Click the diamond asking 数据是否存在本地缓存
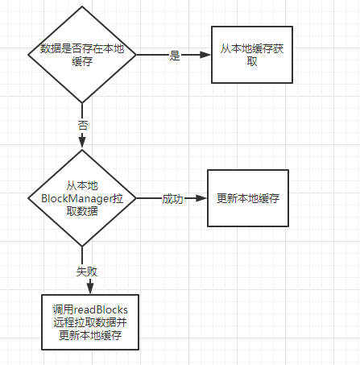[81, 54]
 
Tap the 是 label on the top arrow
[174, 56]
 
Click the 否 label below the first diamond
[83, 125]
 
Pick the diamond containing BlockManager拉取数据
[81, 197]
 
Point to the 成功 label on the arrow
[172, 198]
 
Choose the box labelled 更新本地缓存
[248, 198]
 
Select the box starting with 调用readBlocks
[90, 322]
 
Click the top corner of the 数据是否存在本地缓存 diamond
[81, 6]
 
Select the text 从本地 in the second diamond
[81, 185]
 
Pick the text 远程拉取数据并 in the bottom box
[90, 323]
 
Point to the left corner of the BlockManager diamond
[27, 198]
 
